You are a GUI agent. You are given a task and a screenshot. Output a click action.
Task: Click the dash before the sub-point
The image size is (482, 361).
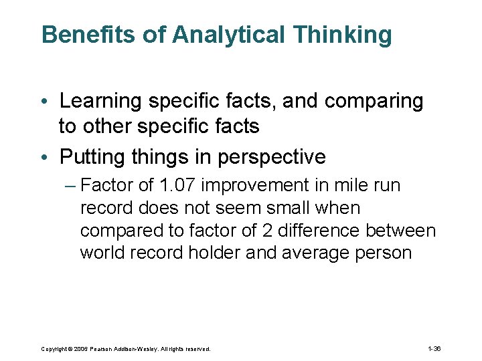tap(70, 185)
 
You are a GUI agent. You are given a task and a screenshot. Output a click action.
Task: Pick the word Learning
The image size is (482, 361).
tap(101, 102)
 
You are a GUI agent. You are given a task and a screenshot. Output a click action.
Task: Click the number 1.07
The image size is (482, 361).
tap(177, 185)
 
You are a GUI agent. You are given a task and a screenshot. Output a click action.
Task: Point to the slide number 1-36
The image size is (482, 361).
tap(434, 349)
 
